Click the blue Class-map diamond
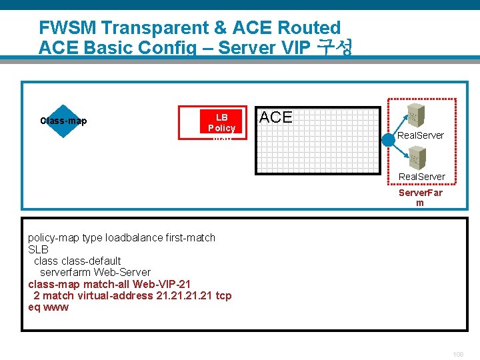tap(63, 121)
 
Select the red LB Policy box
tap(213, 122)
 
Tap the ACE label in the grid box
tap(275, 117)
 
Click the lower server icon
tap(417, 157)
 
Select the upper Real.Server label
tap(421, 135)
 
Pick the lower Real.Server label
tap(422, 177)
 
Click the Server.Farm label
tap(420, 197)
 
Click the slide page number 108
tap(457, 354)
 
